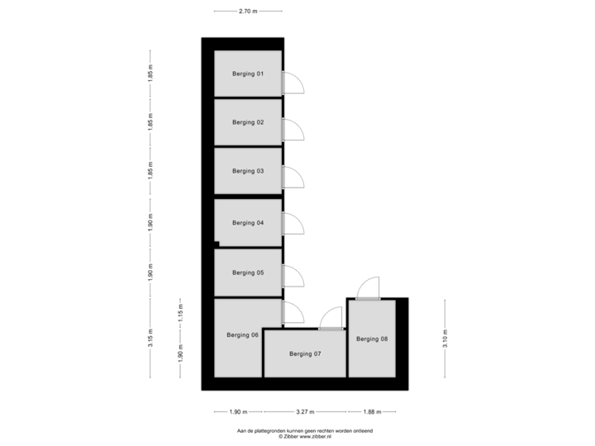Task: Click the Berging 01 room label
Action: pyautogui.click(x=248, y=74)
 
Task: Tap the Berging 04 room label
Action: pyautogui.click(x=248, y=223)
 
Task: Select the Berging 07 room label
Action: pyautogui.click(x=305, y=353)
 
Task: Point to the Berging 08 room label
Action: pyautogui.click(x=372, y=339)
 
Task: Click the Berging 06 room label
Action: pyautogui.click(x=242, y=334)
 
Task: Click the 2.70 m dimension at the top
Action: pyautogui.click(x=248, y=12)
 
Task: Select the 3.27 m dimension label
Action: pyautogui.click(x=305, y=411)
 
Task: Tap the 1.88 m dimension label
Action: pyautogui.click(x=372, y=411)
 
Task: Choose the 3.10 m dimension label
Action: pyautogui.click(x=445, y=339)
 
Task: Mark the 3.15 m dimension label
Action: pyautogui.click(x=150, y=338)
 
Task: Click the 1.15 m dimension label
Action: pyautogui.click(x=181, y=313)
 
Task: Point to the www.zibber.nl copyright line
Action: pyautogui.click(x=305, y=437)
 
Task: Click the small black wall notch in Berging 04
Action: pyautogui.click(x=217, y=244)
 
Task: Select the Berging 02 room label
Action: pyautogui.click(x=248, y=122)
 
